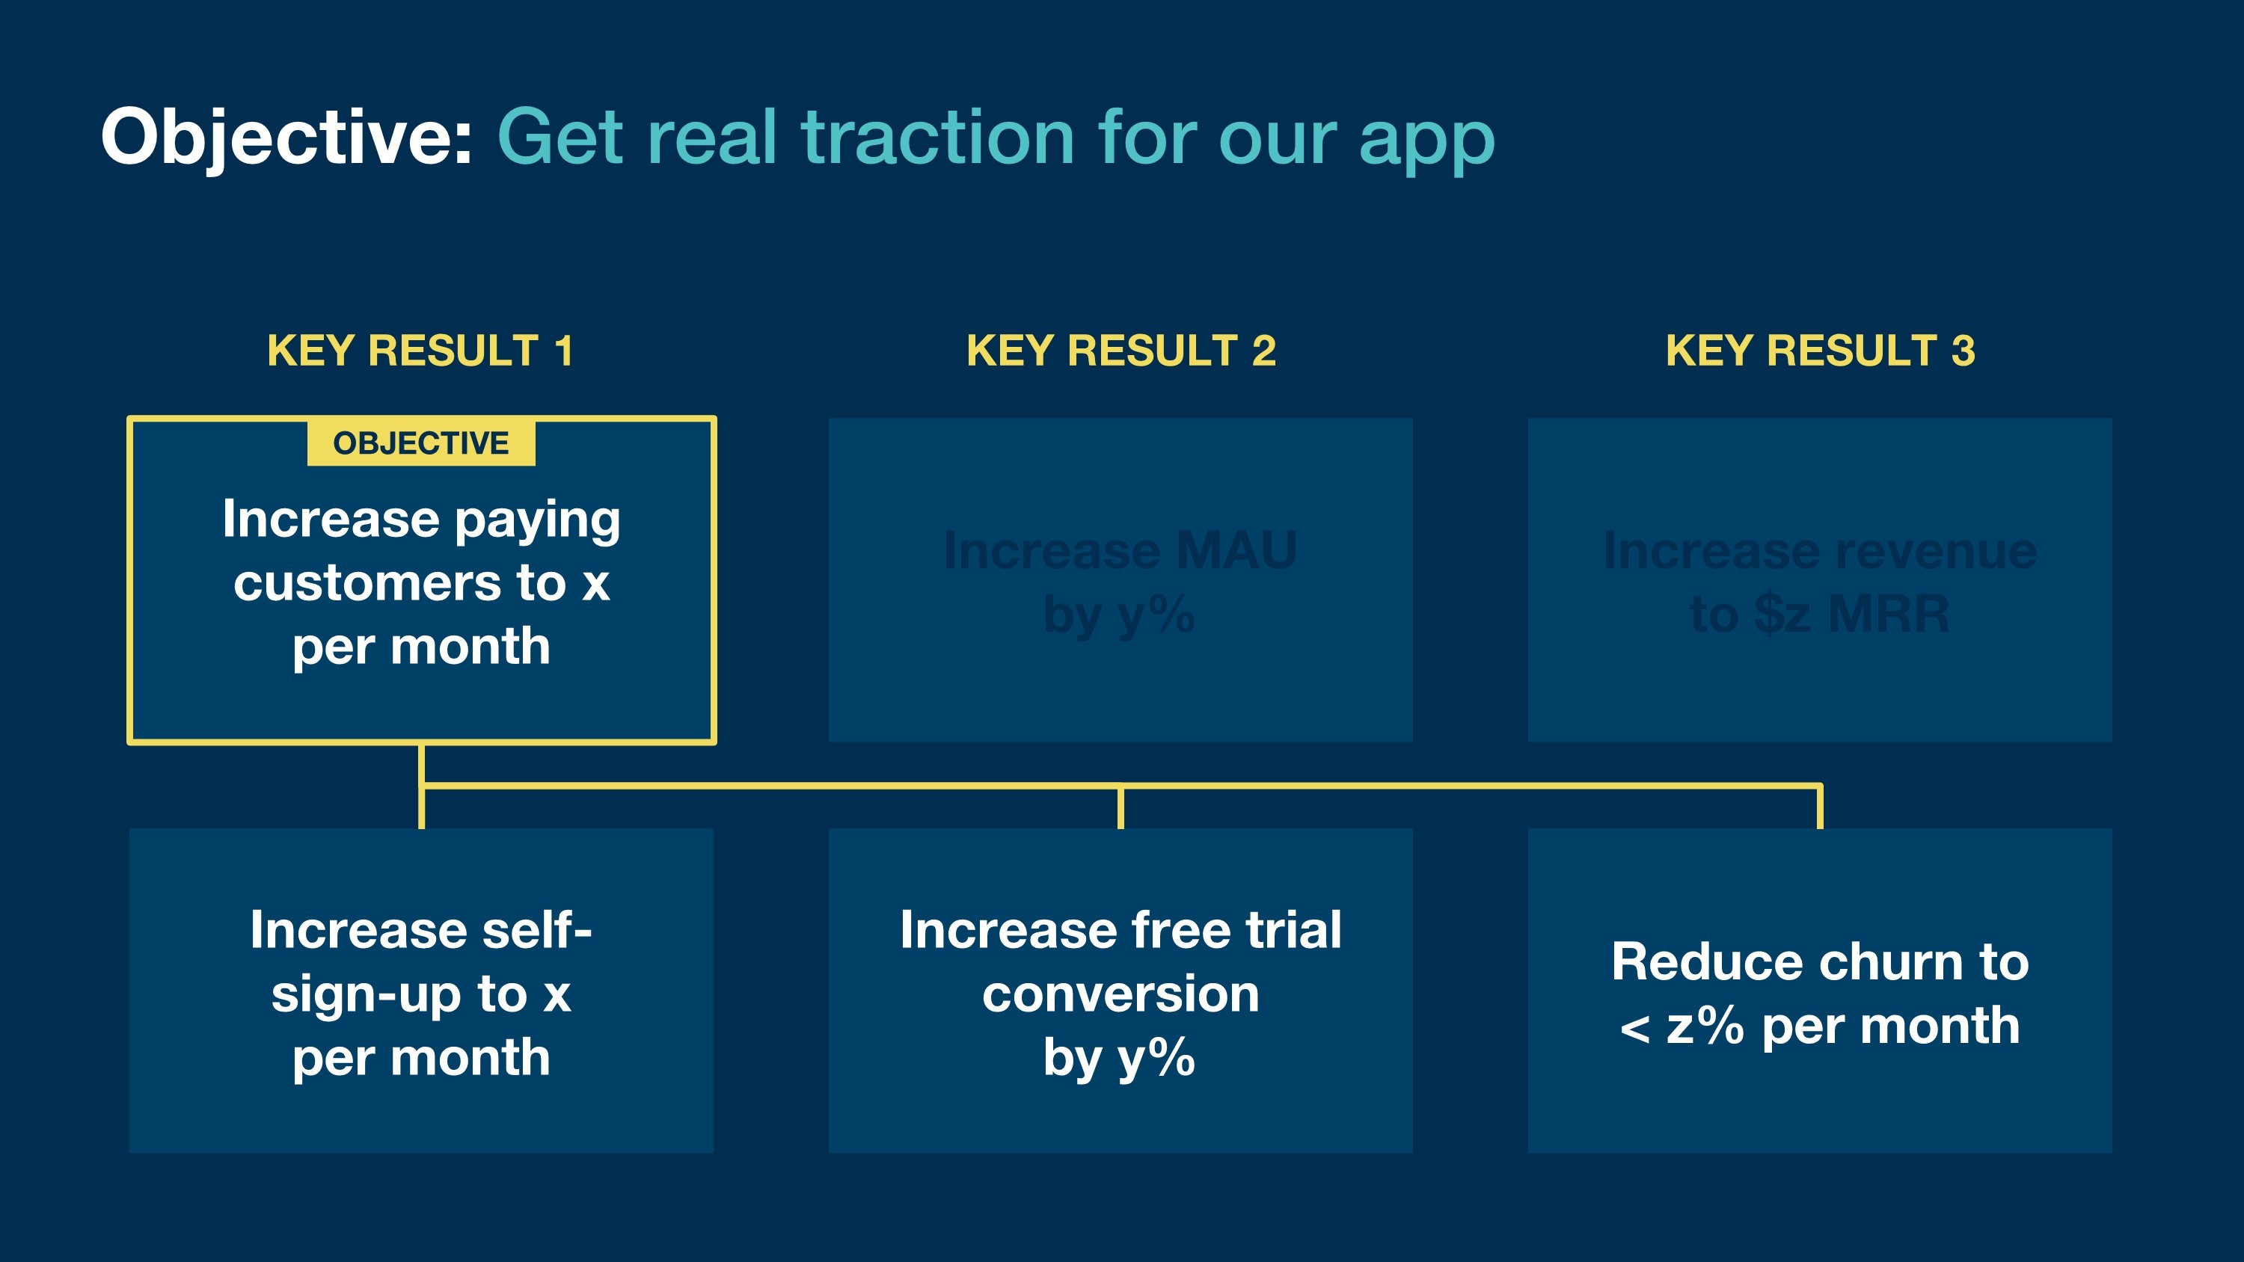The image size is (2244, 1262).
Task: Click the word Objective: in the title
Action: (286, 138)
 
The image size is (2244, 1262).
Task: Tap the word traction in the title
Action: (937, 138)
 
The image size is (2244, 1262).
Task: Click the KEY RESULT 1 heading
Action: (420, 351)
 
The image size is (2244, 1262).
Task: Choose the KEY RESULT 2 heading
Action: (1121, 351)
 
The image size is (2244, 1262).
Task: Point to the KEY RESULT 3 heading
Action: (1820, 351)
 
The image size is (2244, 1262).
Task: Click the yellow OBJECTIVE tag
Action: (420, 443)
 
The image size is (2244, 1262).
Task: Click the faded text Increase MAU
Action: (1121, 550)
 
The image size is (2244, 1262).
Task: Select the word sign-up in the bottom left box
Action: (366, 994)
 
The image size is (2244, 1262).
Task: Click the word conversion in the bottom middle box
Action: (1121, 994)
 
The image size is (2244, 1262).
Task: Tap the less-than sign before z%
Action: (1635, 1029)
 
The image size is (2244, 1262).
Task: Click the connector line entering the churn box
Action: (1820, 808)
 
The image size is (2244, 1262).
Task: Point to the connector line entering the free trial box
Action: (1121, 808)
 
